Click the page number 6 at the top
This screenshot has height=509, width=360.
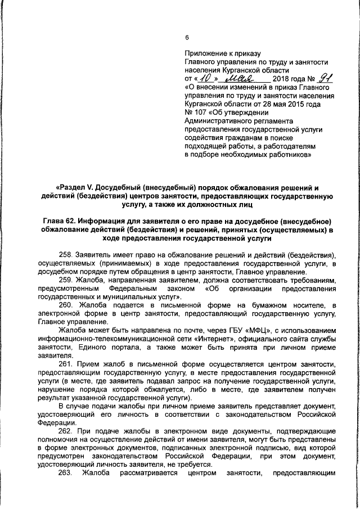pos(187,38)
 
